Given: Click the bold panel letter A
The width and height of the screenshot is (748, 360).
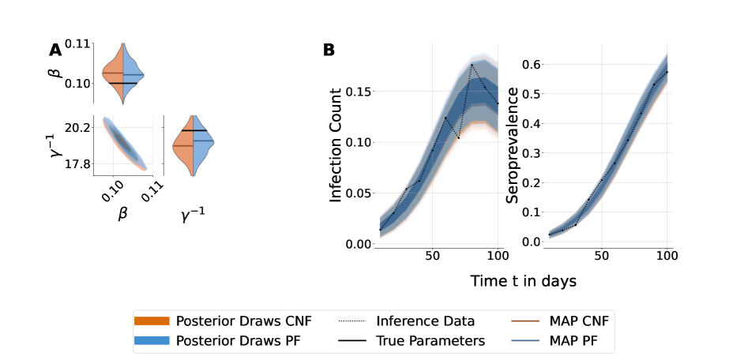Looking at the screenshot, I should coord(55,51).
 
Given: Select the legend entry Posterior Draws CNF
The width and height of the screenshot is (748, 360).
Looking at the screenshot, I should coord(243,321).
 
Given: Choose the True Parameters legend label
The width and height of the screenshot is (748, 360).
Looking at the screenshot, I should coord(430,340).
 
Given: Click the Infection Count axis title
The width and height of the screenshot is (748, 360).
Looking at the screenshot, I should coord(336,145).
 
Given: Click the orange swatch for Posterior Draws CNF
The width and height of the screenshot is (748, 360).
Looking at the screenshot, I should coord(152,321).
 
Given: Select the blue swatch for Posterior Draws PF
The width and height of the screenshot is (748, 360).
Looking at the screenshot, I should coord(152,340).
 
